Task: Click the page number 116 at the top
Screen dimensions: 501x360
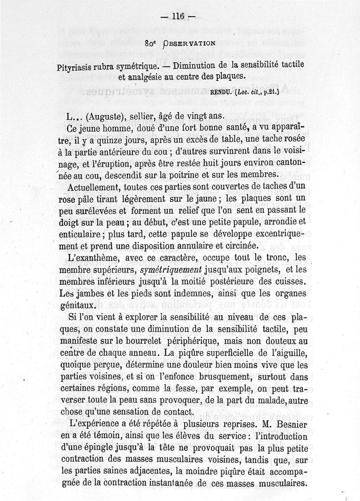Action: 178,16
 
